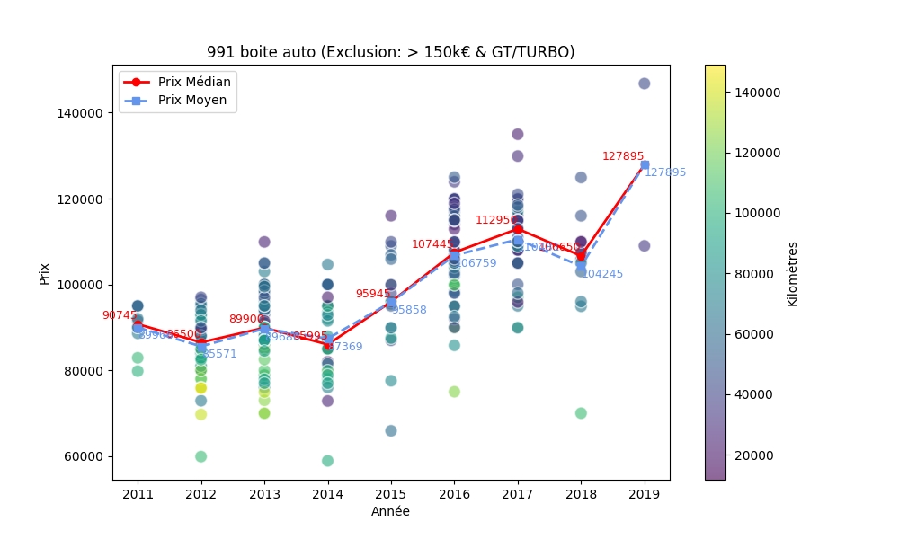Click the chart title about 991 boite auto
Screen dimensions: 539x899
point(390,52)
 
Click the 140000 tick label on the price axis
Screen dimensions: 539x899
point(83,113)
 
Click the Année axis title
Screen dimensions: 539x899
point(390,511)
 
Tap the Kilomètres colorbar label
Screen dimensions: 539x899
point(792,273)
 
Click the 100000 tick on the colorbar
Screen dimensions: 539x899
point(753,213)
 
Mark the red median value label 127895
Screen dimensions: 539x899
point(623,156)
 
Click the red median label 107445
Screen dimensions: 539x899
point(432,244)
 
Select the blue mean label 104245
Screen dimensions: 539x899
point(602,274)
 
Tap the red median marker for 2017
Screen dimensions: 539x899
point(518,229)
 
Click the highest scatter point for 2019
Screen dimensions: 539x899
point(644,84)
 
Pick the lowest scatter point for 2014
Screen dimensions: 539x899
point(327,461)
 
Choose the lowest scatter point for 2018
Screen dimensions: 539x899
point(581,413)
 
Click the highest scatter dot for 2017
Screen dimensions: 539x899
point(518,134)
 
